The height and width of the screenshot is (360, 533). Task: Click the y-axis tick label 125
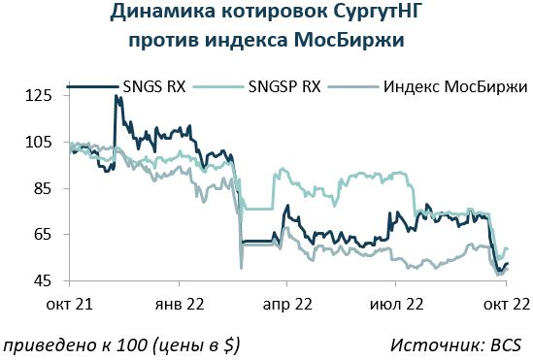tap(39, 95)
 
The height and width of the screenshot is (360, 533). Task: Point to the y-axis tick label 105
tap(39, 142)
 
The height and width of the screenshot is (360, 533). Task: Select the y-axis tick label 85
tap(43, 188)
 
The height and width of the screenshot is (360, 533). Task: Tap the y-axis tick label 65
tap(43, 235)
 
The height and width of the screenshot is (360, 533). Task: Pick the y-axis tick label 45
tap(43, 280)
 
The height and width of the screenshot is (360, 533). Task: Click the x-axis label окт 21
tap(70, 304)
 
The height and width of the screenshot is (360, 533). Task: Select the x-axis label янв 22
tap(180, 304)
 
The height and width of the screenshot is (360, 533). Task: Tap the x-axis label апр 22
tap(287, 304)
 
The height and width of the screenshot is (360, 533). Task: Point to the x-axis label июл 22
tap(397, 304)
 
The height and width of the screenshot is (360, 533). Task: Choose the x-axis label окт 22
tap(507, 304)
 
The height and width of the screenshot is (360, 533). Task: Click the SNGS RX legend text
tap(154, 86)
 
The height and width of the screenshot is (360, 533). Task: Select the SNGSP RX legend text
tap(284, 86)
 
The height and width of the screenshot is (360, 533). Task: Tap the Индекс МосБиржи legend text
tap(455, 87)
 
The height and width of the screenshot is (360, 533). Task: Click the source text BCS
tap(506, 345)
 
